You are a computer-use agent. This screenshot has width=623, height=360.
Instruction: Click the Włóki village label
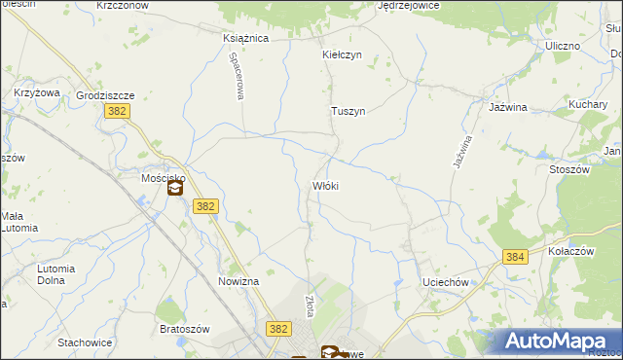pyautogui.click(x=324, y=185)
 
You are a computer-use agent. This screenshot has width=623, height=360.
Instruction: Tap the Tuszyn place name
pyautogui.click(x=348, y=111)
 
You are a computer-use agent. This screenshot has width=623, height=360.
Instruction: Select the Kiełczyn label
pyautogui.click(x=342, y=54)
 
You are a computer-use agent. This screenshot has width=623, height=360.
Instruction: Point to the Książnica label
pyautogui.click(x=245, y=38)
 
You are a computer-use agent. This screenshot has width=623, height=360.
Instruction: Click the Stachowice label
pyautogui.click(x=85, y=342)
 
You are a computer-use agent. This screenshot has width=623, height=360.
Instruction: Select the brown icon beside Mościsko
pyautogui.click(x=175, y=189)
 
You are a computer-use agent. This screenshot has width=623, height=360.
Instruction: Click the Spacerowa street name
pyautogui.click(x=236, y=75)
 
